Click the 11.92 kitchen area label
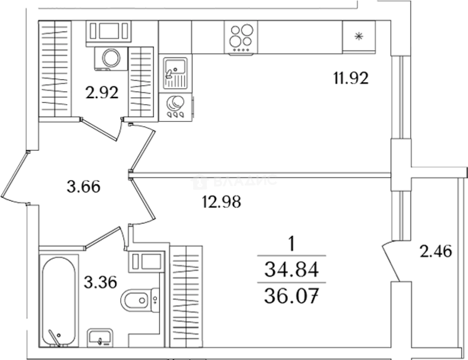351,78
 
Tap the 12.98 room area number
221,202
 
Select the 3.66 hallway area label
84,187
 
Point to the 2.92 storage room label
102,92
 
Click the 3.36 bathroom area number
100,282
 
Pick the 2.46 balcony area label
436,251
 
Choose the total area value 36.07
291,296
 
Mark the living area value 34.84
291,269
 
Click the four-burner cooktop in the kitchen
241,38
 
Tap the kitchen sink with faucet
175,74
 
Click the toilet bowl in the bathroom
140,300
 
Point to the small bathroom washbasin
100,338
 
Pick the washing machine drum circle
111,58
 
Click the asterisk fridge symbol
359,36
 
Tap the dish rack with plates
175,107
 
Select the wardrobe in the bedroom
186,297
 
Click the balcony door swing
391,261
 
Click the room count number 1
291,243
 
